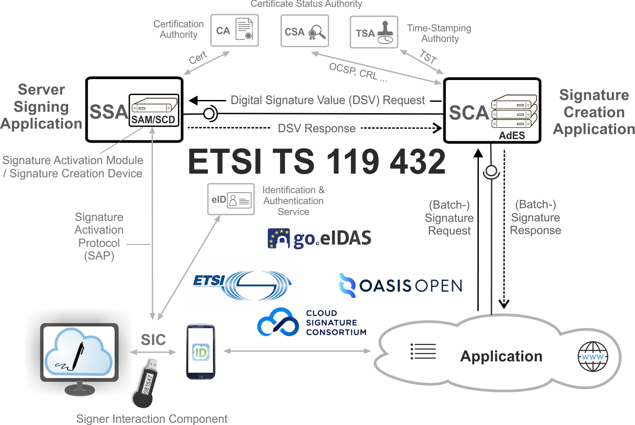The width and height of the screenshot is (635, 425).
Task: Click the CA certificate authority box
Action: pyautogui.click(x=234, y=30)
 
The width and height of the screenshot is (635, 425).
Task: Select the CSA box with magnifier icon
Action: pyautogui.click(x=304, y=31)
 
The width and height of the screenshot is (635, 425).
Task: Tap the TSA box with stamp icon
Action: pyautogui.click(x=374, y=32)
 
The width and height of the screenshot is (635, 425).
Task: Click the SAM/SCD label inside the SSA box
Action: pyautogui.click(x=153, y=120)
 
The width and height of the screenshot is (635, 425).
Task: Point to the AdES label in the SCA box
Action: pyautogui.click(x=512, y=135)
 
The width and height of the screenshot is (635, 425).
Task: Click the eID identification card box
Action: pyautogui.click(x=231, y=200)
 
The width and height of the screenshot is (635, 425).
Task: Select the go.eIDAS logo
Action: pyautogui.click(x=320, y=238)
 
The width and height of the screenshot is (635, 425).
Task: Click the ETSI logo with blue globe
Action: pyautogui.click(x=241, y=285)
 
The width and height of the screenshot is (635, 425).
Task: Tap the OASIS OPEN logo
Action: pyautogui.click(x=400, y=285)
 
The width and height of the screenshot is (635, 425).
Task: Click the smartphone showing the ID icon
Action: pyautogui.click(x=201, y=351)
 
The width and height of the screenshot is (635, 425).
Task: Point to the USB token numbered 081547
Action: pyautogui.click(x=146, y=383)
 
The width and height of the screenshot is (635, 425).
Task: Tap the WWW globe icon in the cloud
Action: pyautogui.click(x=593, y=357)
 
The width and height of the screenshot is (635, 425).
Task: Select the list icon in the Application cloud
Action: pyautogui.click(x=423, y=351)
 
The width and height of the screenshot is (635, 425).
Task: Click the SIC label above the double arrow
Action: pyautogui.click(x=153, y=340)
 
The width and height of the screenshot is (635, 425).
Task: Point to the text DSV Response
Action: pyautogui.click(x=316, y=129)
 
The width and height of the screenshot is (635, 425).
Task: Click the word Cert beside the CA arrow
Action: pyautogui.click(x=198, y=58)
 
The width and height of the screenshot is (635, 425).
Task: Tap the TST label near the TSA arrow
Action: pyautogui.click(x=428, y=56)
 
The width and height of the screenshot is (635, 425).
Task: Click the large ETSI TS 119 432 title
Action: pyautogui.click(x=316, y=161)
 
